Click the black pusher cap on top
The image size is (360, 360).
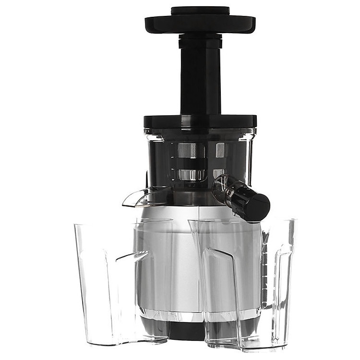pyautogui.click(x=200, y=10)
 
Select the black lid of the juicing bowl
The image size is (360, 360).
pyautogui.click(x=200, y=121)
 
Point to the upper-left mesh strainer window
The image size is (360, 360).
pyautogui.click(x=191, y=150)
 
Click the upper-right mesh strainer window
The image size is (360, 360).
pyautogui.click(x=220, y=150)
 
